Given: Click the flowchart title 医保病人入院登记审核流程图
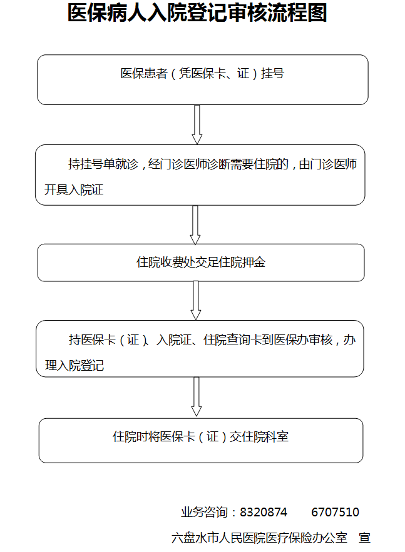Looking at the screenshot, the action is pyautogui.click(x=197, y=13).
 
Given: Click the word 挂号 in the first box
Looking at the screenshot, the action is pyautogui.click(x=272, y=73).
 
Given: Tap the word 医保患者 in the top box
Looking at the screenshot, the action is pyautogui.click(x=144, y=73).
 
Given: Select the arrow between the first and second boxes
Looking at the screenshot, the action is pyautogui.click(x=197, y=124).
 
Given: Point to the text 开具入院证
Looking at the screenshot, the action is pyautogui.click(x=74, y=190).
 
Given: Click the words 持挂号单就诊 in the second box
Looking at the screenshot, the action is pyautogui.click(x=103, y=164).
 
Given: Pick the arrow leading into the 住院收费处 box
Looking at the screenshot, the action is pyautogui.click(x=195, y=225).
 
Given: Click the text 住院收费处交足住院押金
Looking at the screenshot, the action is pyautogui.click(x=201, y=263).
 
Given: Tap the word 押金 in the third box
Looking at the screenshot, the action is pyautogui.click(x=254, y=263).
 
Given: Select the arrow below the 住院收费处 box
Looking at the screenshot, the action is pyautogui.click(x=196, y=301).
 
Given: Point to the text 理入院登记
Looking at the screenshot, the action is pyautogui.click(x=74, y=366).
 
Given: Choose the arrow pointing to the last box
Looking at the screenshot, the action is pyautogui.click(x=197, y=397).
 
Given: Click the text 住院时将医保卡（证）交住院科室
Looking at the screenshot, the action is pyautogui.click(x=200, y=437).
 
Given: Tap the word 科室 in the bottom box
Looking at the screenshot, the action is pyautogui.click(x=277, y=437).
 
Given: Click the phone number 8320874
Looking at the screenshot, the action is pyautogui.click(x=264, y=512).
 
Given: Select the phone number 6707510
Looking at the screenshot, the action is pyautogui.click(x=335, y=512).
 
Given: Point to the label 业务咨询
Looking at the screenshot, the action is pyautogui.click(x=205, y=512).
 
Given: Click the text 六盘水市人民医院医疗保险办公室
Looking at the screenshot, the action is pyautogui.click(x=259, y=538).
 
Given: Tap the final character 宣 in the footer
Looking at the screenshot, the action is pyautogui.click(x=365, y=538).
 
